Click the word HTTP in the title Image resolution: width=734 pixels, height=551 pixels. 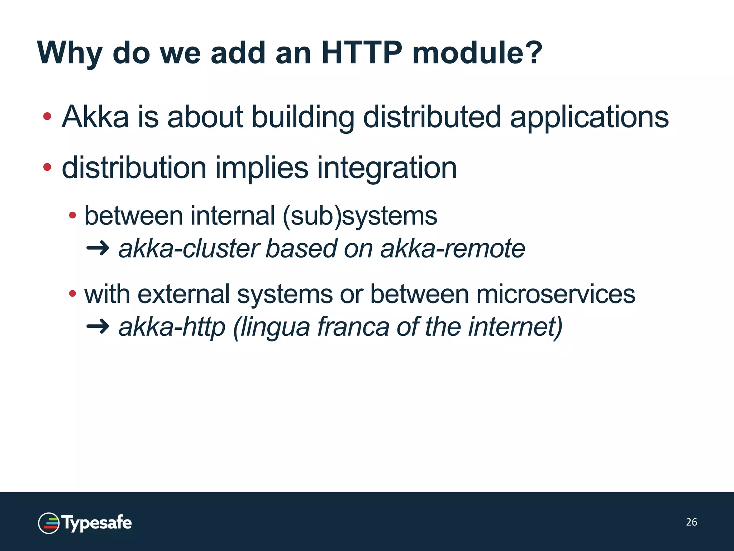click(362, 53)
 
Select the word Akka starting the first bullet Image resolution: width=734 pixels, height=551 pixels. click(95, 117)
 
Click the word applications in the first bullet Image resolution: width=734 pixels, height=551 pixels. click(589, 118)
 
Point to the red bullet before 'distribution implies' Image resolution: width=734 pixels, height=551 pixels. click(47, 167)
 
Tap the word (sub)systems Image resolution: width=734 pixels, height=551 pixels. click(360, 216)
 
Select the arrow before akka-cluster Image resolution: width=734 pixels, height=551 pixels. click(98, 248)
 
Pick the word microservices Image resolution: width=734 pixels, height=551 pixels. click(556, 294)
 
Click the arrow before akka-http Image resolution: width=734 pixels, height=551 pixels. click(98, 326)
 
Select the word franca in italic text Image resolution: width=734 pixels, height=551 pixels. click(353, 326)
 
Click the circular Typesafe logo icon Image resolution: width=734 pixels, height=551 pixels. click(49, 523)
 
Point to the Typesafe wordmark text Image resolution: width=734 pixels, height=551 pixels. click(97, 523)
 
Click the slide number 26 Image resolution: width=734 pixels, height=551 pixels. click(691, 522)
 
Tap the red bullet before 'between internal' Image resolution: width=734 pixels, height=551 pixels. click(73, 215)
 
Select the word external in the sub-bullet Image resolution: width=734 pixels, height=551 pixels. click(183, 294)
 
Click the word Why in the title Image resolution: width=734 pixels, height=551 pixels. click(70, 53)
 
